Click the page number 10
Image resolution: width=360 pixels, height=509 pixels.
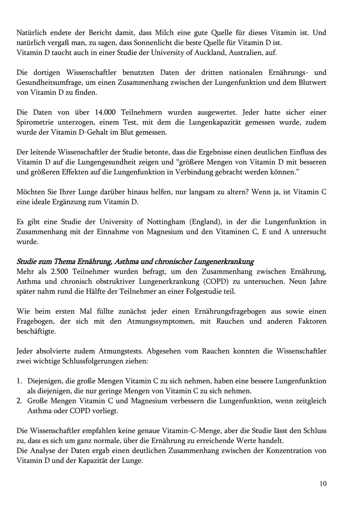point(322,484)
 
